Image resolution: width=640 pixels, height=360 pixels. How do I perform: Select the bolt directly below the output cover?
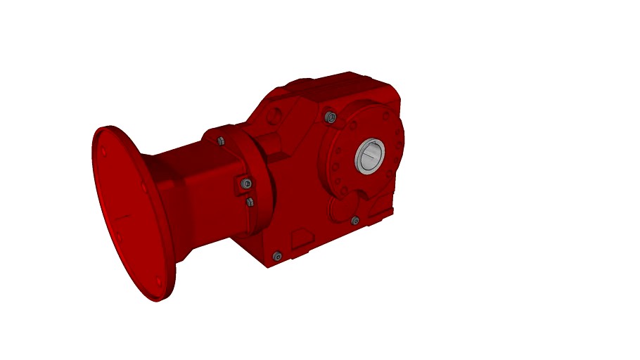point(355,221)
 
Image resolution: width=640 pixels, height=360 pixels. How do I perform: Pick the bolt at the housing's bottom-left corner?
point(276,257)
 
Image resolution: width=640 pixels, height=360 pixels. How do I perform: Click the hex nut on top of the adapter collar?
point(221,141)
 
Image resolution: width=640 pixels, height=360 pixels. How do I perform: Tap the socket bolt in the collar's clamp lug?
point(244,184)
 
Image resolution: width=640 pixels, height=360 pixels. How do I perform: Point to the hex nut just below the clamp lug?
point(249,202)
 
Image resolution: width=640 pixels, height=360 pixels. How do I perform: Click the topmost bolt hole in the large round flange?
point(103,152)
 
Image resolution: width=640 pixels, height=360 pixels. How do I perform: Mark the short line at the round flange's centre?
point(127,215)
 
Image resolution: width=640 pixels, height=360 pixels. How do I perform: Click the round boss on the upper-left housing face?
point(276,114)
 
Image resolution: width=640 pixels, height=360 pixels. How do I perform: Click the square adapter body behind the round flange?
point(197,190)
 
